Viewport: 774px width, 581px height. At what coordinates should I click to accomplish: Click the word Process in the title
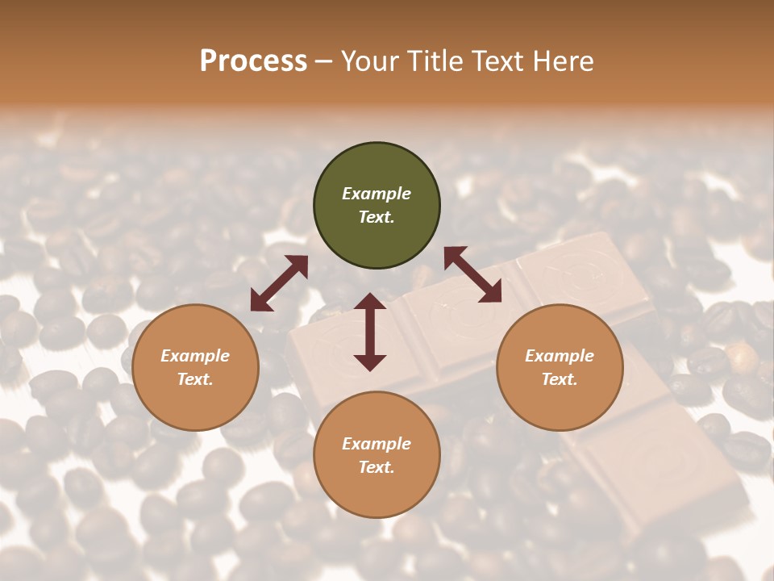(253, 61)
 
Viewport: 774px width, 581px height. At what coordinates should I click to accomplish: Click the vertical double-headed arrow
(370, 332)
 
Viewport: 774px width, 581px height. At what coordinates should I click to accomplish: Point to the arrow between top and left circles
(279, 283)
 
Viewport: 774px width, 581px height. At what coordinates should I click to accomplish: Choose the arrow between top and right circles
(472, 274)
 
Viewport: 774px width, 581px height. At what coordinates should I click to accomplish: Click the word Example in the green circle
(377, 194)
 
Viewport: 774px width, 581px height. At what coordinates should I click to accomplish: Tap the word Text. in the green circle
(377, 217)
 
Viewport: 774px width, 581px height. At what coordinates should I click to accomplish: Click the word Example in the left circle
(195, 356)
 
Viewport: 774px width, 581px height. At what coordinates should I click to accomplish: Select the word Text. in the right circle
(560, 379)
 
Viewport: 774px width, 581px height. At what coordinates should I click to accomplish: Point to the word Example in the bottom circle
(377, 444)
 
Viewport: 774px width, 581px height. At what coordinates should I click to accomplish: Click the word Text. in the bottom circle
(377, 467)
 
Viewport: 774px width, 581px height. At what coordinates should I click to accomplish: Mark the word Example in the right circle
(560, 356)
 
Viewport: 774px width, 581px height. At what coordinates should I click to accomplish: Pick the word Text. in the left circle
(195, 379)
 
